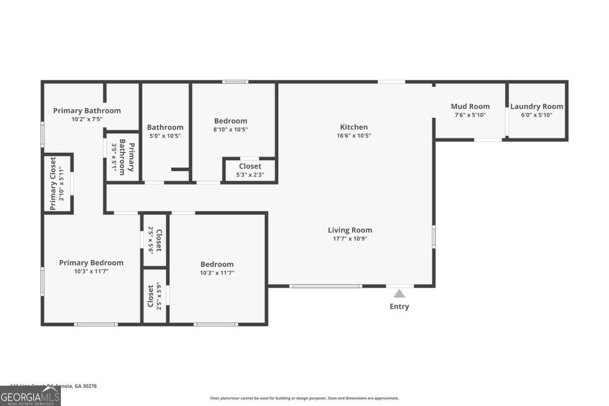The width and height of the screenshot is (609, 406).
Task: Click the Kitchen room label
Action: click(354, 127)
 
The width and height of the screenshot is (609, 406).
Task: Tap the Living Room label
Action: click(350, 230)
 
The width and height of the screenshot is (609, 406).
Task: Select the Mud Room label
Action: click(470, 106)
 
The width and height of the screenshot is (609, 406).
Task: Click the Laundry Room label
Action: click(536, 106)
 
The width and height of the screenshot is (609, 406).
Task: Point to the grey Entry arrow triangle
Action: click(399, 293)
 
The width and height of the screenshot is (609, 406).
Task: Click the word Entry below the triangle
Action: click(399, 307)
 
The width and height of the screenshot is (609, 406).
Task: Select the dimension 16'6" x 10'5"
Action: click(354, 136)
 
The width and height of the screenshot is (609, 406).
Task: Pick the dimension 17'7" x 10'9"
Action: click(350, 239)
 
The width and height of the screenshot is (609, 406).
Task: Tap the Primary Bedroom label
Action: click(91, 262)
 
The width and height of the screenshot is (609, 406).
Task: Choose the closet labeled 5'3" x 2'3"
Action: click(250, 171)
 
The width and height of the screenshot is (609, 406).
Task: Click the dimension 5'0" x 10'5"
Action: click(165, 136)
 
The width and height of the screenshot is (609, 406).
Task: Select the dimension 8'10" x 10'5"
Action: click(230, 129)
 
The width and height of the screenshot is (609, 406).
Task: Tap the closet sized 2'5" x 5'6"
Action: click(154, 240)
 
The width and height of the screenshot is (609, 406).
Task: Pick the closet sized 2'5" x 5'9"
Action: click(154, 296)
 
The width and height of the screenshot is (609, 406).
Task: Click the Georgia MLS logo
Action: click(30, 396)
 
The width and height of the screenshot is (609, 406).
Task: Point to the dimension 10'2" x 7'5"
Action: click(87, 119)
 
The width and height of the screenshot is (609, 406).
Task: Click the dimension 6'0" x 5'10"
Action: click(536, 115)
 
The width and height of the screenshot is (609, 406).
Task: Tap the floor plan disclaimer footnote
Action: click(304, 398)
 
